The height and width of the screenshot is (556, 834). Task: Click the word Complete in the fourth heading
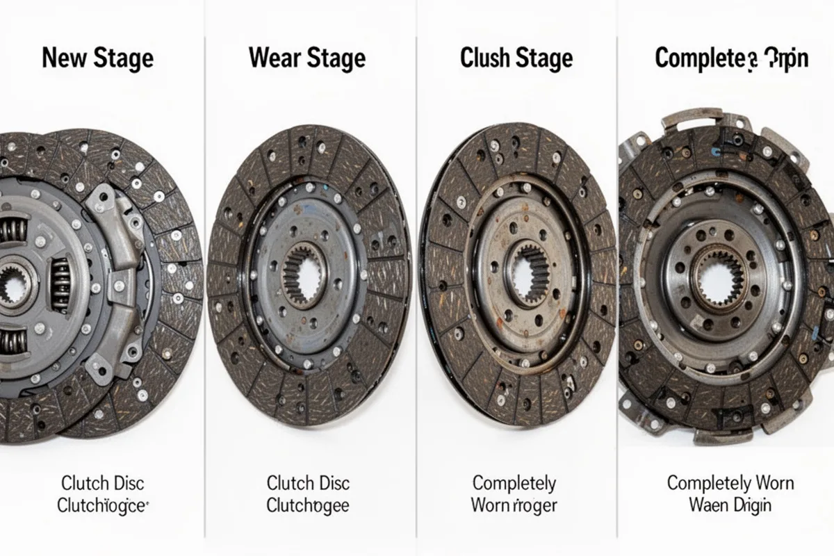[701, 58]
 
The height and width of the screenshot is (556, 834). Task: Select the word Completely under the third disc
[514, 482]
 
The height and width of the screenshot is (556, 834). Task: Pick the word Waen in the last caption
[708, 505]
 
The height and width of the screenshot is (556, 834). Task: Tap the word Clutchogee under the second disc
[308, 505]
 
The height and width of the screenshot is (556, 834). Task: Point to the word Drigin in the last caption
[751, 505]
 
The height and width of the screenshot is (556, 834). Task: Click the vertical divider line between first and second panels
[204, 278]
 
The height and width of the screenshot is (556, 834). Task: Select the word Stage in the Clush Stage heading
[544, 58]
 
